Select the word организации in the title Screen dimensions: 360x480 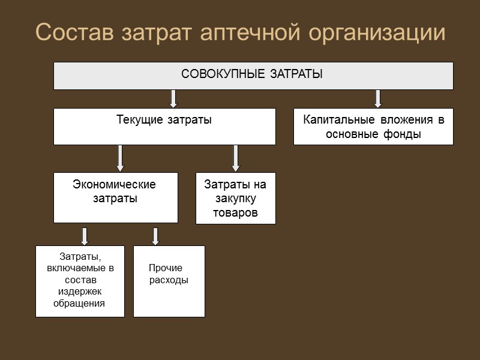pos(377,33)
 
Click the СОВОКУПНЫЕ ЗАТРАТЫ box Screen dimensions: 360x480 pos(253,76)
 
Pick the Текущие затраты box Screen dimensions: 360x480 pos(164,126)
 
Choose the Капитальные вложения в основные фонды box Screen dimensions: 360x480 pos(373,126)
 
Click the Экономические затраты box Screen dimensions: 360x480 pos(115,197)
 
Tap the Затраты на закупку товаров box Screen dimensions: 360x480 pos(235,198)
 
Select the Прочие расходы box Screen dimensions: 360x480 pos(169,281)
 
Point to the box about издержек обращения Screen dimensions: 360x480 pos(80,281)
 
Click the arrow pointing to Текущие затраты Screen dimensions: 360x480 pos(173,98)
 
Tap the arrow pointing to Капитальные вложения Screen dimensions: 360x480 pos(378,98)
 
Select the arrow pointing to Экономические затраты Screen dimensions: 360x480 pos(120,158)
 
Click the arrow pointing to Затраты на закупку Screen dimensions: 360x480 pos(236,158)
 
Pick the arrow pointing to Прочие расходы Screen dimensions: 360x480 pos(155,236)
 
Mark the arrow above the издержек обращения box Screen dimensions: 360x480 pos(85,236)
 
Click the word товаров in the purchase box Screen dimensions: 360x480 pos(235,213)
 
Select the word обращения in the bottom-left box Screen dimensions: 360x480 pos(79,303)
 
